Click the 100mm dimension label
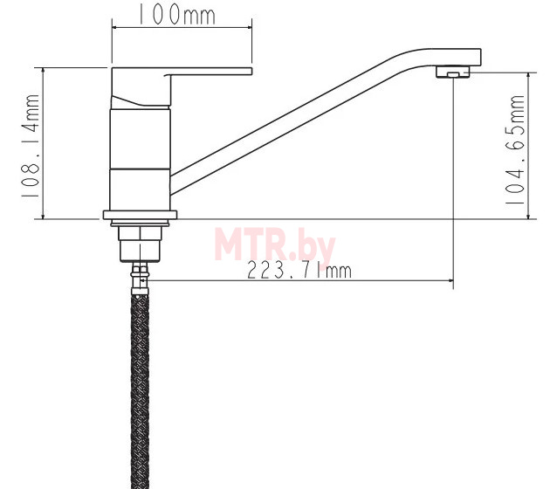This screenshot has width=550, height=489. [x=176, y=14]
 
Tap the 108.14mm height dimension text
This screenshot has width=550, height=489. [x=31, y=147]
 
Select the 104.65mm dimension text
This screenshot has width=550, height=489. [x=514, y=149]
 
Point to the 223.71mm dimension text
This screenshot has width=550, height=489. [x=299, y=271]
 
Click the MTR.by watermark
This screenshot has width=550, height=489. [x=275, y=244]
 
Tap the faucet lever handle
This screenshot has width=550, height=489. [x=181, y=87]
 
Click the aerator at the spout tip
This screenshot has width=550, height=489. [x=453, y=72]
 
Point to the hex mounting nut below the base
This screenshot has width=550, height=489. [x=141, y=244]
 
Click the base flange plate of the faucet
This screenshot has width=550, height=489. [x=140, y=215]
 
